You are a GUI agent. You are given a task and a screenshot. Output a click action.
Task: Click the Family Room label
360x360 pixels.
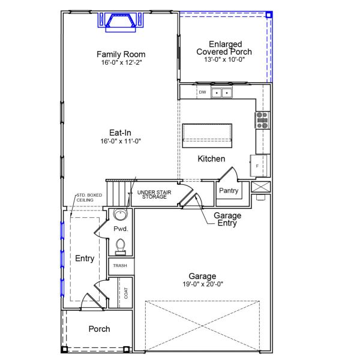click(x=121, y=55)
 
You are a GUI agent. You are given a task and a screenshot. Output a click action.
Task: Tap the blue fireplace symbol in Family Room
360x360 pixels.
click(x=118, y=22)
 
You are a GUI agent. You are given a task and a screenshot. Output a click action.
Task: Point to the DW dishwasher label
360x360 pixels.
click(x=202, y=92)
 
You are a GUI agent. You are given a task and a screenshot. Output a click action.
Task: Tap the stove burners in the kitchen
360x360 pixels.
click(x=262, y=121)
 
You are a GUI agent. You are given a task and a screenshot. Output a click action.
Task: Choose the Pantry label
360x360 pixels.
click(x=229, y=191)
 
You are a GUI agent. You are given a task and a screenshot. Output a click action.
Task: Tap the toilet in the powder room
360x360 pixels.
click(x=120, y=246)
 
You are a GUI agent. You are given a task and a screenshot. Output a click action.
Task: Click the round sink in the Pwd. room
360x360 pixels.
click(x=120, y=216)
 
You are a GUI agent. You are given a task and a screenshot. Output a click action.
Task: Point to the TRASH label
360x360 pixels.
click(x=120, y=266)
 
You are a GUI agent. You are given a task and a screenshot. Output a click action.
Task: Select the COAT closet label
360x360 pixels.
click(x=126, y=293)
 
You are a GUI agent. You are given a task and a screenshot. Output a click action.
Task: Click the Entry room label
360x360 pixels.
click(x=85, y=259)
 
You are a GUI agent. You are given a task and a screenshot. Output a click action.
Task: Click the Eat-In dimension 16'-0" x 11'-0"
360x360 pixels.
click(x=121, y=141)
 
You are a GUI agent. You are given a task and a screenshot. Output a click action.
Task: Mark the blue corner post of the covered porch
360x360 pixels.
click(x=269, y=14)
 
